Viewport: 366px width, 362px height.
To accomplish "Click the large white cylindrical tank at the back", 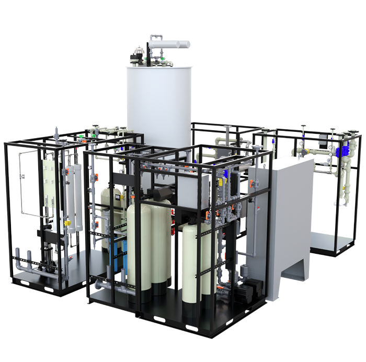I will click(x=157, y=99).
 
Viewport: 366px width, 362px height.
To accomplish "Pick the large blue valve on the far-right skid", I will click(x=343, y=152).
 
